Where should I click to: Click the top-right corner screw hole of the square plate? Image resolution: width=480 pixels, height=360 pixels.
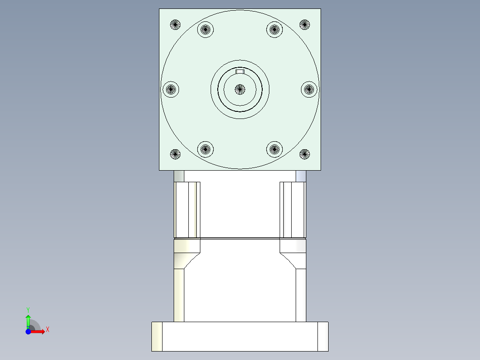(305, 25)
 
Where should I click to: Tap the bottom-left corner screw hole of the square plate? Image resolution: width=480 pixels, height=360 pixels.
(175, 155)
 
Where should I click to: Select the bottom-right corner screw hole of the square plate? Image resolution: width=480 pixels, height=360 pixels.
(305, 155)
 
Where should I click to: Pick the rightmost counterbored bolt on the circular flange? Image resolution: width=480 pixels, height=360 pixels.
(309, 89)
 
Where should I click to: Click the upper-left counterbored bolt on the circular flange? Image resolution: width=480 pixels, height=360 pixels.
(205, 30)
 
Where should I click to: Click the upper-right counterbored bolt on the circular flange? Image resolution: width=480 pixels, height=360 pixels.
(274, 30)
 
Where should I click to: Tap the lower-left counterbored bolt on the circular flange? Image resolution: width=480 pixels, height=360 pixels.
(205, 149)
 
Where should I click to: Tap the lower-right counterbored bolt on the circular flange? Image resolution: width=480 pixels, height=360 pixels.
(274, 149)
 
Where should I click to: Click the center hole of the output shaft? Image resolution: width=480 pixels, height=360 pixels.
(240, 89)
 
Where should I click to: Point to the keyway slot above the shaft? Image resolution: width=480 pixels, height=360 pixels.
(240, 72)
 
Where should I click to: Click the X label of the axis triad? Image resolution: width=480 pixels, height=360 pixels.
(48, 330)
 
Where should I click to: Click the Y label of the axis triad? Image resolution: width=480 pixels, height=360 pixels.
(28, 309)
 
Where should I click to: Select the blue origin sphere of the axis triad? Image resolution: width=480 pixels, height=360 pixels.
(28, 332)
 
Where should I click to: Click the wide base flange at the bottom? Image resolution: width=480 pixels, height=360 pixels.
(240, 336)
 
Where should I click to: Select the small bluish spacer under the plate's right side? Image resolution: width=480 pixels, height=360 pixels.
(301, 176)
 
